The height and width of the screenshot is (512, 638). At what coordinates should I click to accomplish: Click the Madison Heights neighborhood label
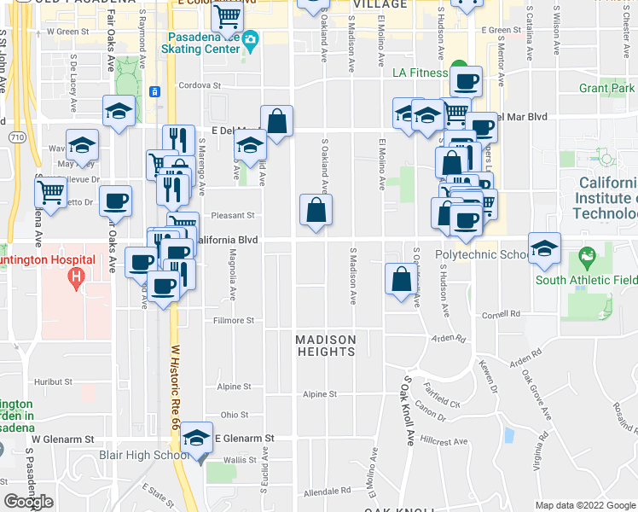pos(325,346)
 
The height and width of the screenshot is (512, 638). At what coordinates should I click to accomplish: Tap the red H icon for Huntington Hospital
pos(76,277)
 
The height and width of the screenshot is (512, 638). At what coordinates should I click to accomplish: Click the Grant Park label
pos(606,88)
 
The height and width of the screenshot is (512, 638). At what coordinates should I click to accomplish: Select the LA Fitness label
pos(420,73)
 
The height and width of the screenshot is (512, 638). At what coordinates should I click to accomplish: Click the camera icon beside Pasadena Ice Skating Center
pos(250,40)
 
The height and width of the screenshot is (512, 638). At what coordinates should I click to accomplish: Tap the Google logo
pos(29,502)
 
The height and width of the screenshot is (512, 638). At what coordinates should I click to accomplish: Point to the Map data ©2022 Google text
pos(585,505)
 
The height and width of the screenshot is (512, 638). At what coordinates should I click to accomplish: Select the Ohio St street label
pos(235,415)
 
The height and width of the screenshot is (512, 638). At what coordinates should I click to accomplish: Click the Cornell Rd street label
pos(495,314)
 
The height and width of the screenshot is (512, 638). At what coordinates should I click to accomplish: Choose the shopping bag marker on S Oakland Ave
pos(316,210)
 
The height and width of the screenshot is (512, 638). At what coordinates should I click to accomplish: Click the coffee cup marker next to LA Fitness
pos(466,83)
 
